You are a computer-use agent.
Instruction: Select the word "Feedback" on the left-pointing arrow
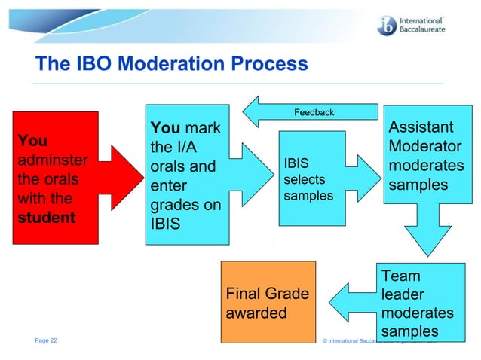(x=314, y=112)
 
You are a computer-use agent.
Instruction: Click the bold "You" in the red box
(x=32, y=141)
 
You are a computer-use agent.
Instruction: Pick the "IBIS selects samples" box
(x=311, y=178)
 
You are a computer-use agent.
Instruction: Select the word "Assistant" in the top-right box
(x=421, y=127)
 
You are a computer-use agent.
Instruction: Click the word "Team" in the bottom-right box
(x=401, y=276)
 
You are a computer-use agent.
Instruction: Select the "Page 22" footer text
(x=46, y=340)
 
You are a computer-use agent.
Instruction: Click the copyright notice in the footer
(x=384, y=341)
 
